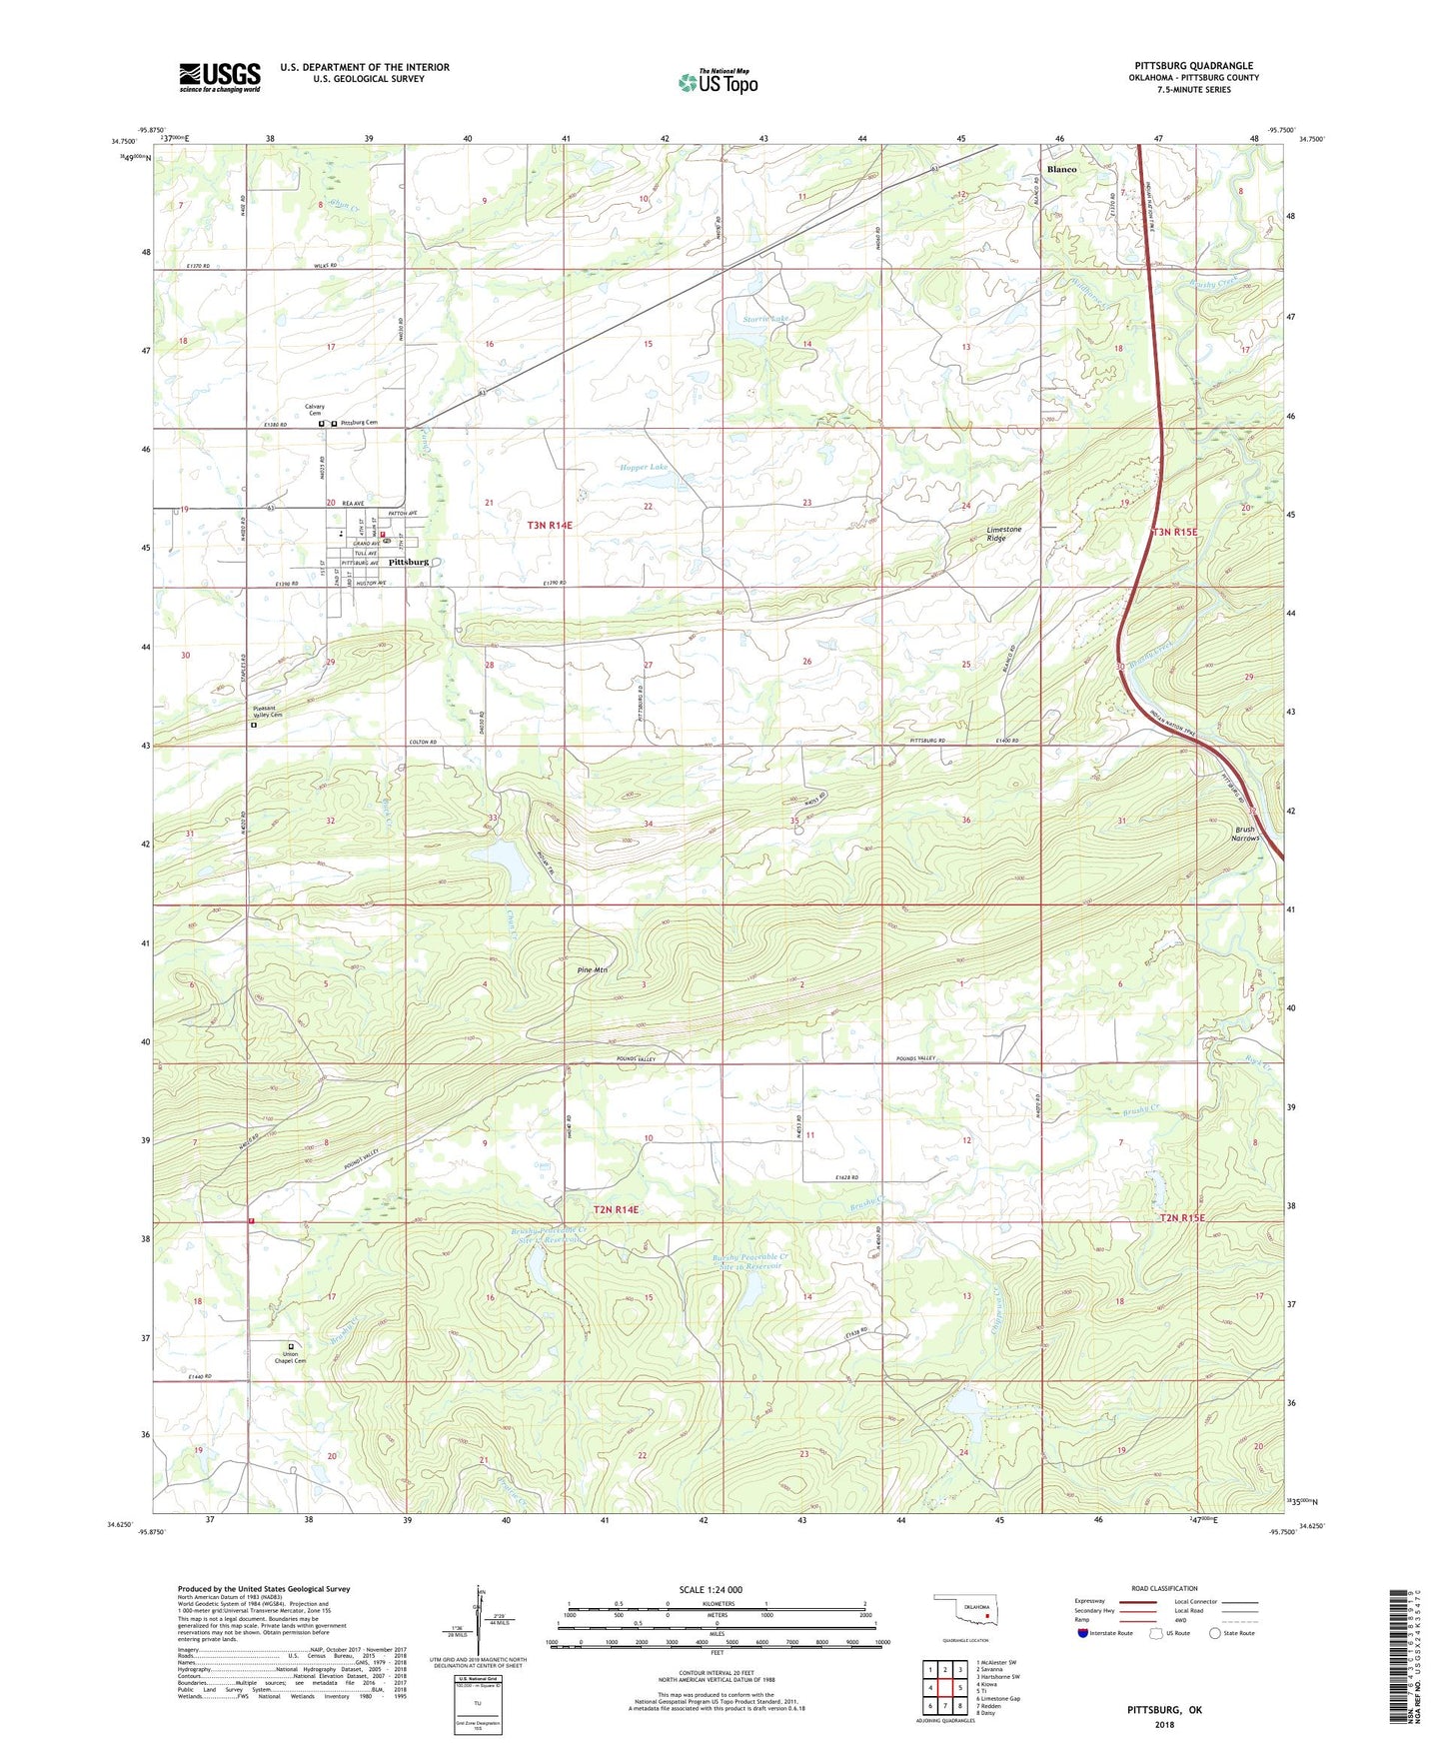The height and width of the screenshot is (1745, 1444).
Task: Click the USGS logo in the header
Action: [x=220, y=77]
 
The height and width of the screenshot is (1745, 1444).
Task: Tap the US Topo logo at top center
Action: [x=718, y=81]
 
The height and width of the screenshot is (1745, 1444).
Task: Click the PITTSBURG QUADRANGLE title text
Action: [x=1194, y=66]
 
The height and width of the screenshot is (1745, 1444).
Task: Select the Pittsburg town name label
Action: [x=409, y=562]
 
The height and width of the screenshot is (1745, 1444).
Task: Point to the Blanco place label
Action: [x=1061, y=170]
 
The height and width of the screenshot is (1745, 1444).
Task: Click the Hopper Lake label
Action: [x=644, y=467]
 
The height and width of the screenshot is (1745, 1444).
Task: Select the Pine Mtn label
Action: [x=593, y=970]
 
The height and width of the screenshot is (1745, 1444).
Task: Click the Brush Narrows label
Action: [x=1245, y=834]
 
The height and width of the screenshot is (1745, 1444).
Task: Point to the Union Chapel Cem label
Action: [x=290, y=1358]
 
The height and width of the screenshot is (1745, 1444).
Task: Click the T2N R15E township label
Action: [x=1183, y=1217]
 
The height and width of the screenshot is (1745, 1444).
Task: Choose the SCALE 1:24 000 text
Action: [x=711, y=1590]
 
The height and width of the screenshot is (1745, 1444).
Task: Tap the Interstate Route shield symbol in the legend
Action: [x=1084, y=1633]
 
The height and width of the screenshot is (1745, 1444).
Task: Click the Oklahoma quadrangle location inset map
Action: [x=964, y=1611]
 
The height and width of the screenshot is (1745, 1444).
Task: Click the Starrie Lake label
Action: [x=766, y=319]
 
